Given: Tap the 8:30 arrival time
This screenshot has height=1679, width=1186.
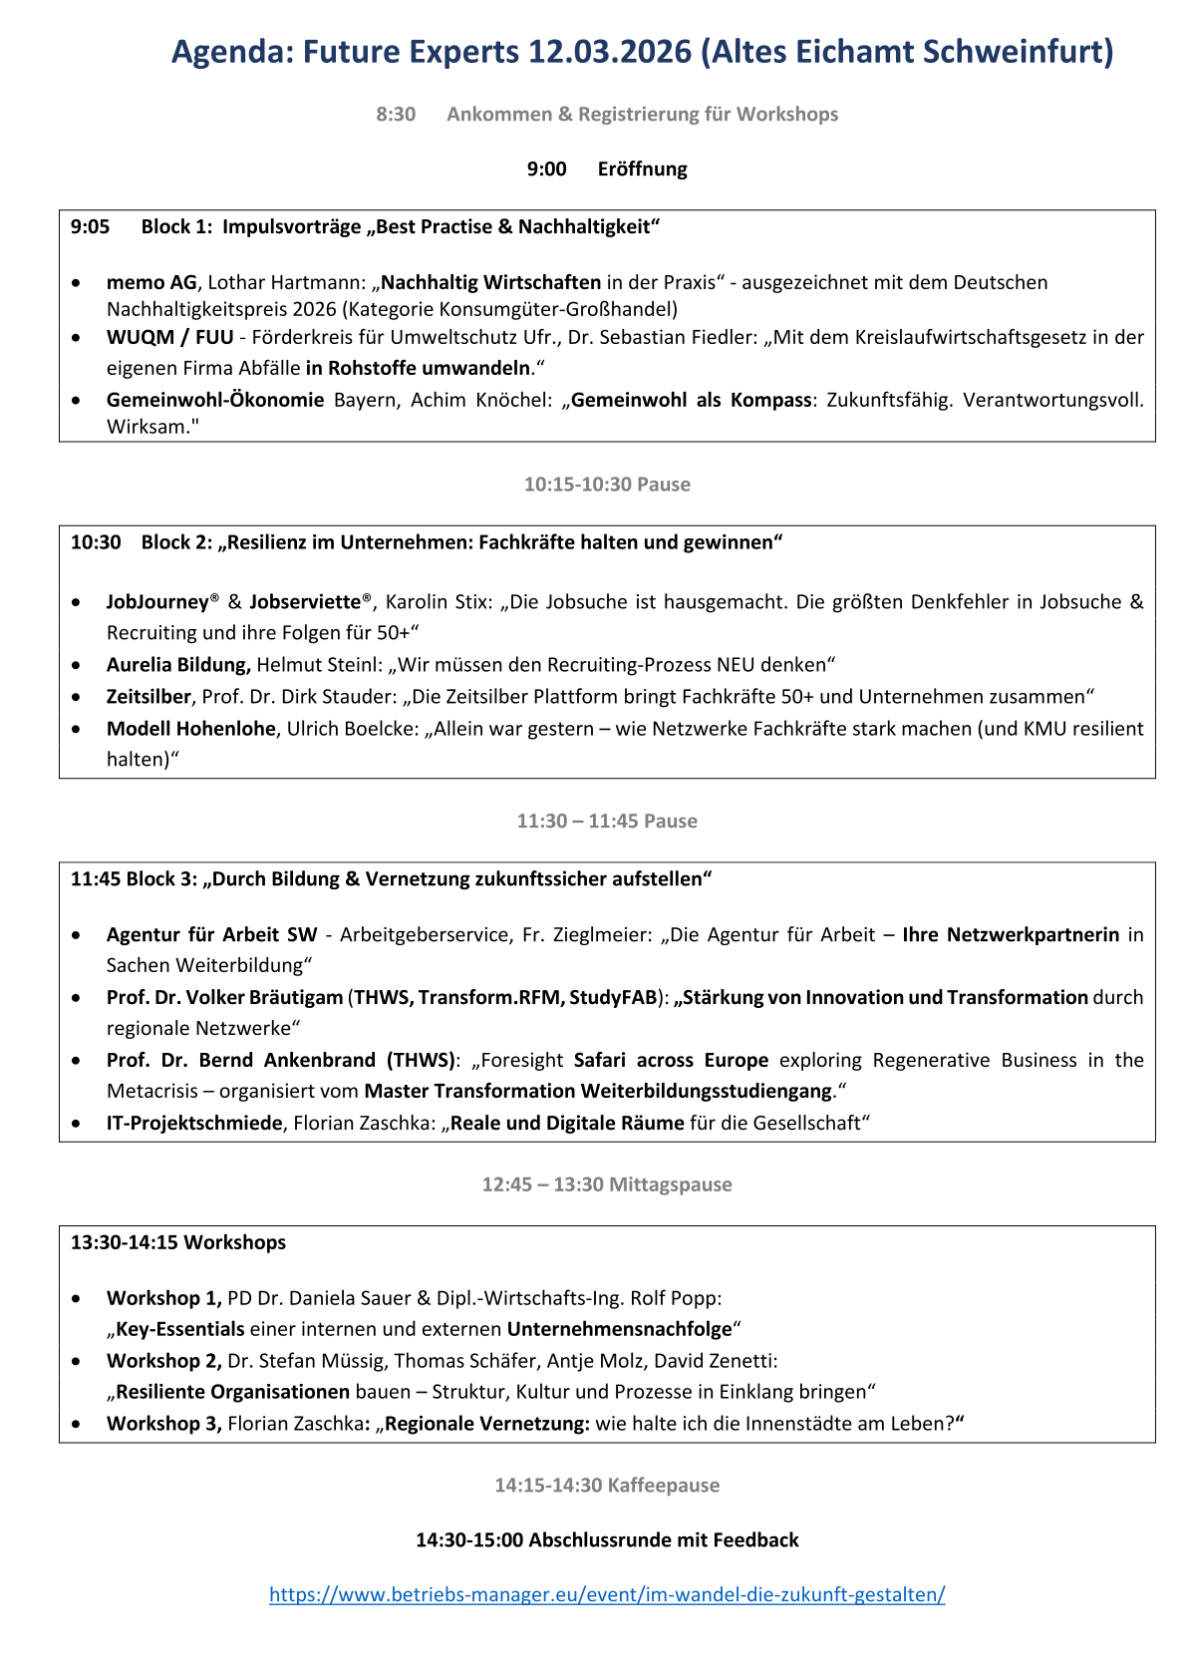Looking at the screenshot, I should [396, 115].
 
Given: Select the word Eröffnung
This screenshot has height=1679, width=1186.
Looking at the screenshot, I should [642, 169].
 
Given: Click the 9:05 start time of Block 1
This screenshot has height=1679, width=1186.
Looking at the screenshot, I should [90, 227].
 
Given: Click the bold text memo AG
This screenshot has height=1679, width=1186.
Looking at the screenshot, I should [151, 283].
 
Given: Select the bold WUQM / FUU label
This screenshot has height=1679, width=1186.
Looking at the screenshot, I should [169, 338].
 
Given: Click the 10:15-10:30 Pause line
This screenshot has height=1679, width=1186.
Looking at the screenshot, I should [607, 485].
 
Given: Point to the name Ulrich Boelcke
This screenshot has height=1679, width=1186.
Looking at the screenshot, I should [353, 729].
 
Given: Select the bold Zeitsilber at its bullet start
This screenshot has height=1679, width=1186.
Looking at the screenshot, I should [148, 697].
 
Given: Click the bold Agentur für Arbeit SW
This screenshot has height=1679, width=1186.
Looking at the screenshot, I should [211, 935].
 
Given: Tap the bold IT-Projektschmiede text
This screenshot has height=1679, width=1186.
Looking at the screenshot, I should [194, 1124].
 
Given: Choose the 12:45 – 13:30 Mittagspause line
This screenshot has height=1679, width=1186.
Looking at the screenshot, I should [607, 1184].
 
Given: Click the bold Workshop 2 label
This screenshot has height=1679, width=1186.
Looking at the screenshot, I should [163, 1361].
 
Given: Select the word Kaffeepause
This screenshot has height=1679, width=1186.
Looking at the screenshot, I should [663, 1486].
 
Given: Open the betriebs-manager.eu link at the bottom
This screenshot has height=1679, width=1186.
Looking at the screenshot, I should [607, 1594].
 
